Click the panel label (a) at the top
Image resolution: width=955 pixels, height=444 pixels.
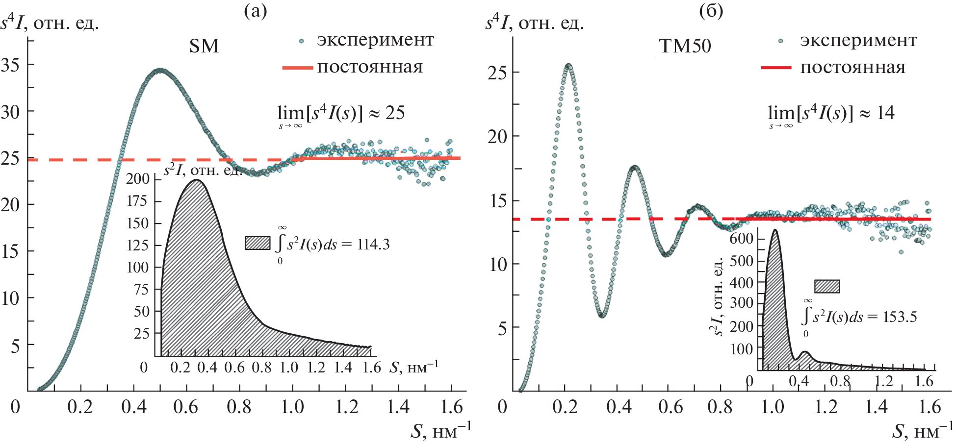click(x=255, y=11)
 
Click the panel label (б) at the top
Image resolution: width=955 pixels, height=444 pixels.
click(x=711, y=11)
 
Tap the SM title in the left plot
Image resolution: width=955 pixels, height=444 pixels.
click(x=204, y=46)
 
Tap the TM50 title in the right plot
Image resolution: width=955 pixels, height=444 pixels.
click(x=685, y=46)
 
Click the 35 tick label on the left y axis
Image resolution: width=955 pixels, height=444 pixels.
click(x=11, y=65)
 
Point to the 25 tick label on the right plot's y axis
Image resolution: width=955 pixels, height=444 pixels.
click(x=497, y=73)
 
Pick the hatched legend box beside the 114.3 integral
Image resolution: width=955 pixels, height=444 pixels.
click(x=258, y=243)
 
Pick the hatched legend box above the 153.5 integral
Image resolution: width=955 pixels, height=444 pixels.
click(x=827, y=286)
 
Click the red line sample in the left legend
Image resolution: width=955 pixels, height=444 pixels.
click(x=297, y=68)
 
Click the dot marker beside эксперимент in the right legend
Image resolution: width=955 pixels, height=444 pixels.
click(x=780, y=41)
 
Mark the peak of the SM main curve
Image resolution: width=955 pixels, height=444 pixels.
click(x=160, y=71)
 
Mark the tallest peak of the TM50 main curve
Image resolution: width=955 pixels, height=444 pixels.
click(x=568, y=65)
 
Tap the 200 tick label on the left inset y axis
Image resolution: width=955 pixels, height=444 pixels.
click(x=138, y=179)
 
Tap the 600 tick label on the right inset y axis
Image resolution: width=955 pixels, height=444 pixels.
click(x=741, y=239)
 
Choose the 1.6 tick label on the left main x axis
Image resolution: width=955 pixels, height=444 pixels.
click(x=451, y=407)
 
